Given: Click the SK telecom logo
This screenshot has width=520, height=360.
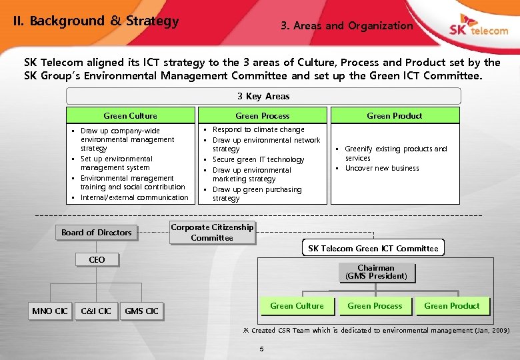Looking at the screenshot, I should pos(478,29).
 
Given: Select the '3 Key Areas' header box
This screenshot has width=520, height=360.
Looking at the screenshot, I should pos(263,96).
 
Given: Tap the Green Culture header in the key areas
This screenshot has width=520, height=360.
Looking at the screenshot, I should pos(130,116).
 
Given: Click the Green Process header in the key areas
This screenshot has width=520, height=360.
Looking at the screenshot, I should pos(263,116).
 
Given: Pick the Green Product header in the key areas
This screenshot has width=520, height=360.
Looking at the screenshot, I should pos(394,116).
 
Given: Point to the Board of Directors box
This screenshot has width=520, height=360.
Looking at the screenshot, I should pos(97,232).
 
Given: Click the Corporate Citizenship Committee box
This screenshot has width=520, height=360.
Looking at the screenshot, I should pos(212,232).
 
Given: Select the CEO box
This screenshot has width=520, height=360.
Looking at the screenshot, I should pos(97,259).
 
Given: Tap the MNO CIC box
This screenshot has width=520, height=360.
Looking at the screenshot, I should pos(50,311).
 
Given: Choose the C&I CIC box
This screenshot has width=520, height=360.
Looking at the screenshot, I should pos(96,311).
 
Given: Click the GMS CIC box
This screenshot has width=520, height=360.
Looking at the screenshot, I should pos(141,311).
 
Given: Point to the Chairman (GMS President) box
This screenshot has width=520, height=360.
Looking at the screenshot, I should pos(376,272).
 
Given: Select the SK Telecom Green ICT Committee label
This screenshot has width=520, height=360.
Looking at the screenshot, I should pos(373,249).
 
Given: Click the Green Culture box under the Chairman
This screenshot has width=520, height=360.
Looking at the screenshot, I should pos(297,306).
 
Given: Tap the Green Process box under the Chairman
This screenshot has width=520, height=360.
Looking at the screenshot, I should pos(375,306).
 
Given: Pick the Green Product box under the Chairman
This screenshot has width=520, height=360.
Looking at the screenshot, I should pos(451,306).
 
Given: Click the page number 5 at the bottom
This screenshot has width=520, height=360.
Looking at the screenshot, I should pos(261,348).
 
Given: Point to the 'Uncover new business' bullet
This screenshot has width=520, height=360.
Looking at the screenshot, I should pos(381,168).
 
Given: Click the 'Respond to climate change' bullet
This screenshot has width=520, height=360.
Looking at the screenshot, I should pos(258,129).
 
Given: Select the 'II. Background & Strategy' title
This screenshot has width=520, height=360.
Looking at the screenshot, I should pos(97,21).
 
